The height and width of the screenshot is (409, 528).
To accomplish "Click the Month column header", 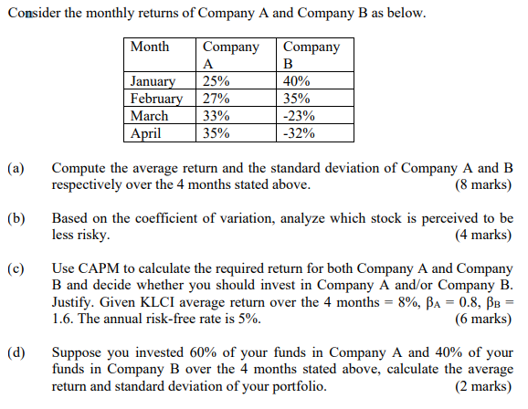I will coord(150,47).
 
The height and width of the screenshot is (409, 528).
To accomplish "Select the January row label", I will coord(153,82).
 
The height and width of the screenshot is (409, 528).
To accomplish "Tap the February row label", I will coord(157,99).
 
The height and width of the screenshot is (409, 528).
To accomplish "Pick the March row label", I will coord(150,116).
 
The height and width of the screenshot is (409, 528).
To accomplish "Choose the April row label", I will coord(146,133).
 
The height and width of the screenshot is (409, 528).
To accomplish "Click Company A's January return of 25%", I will coord(216,82).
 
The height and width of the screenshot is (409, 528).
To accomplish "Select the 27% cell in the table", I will coord(216,99).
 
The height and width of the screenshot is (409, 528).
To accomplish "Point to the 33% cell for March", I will coord(216,116).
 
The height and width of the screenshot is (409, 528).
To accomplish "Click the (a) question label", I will coord(16,169).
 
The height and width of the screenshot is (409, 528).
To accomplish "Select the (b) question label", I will coord(16,219).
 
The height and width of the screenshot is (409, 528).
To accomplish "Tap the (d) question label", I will coord(16,352).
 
